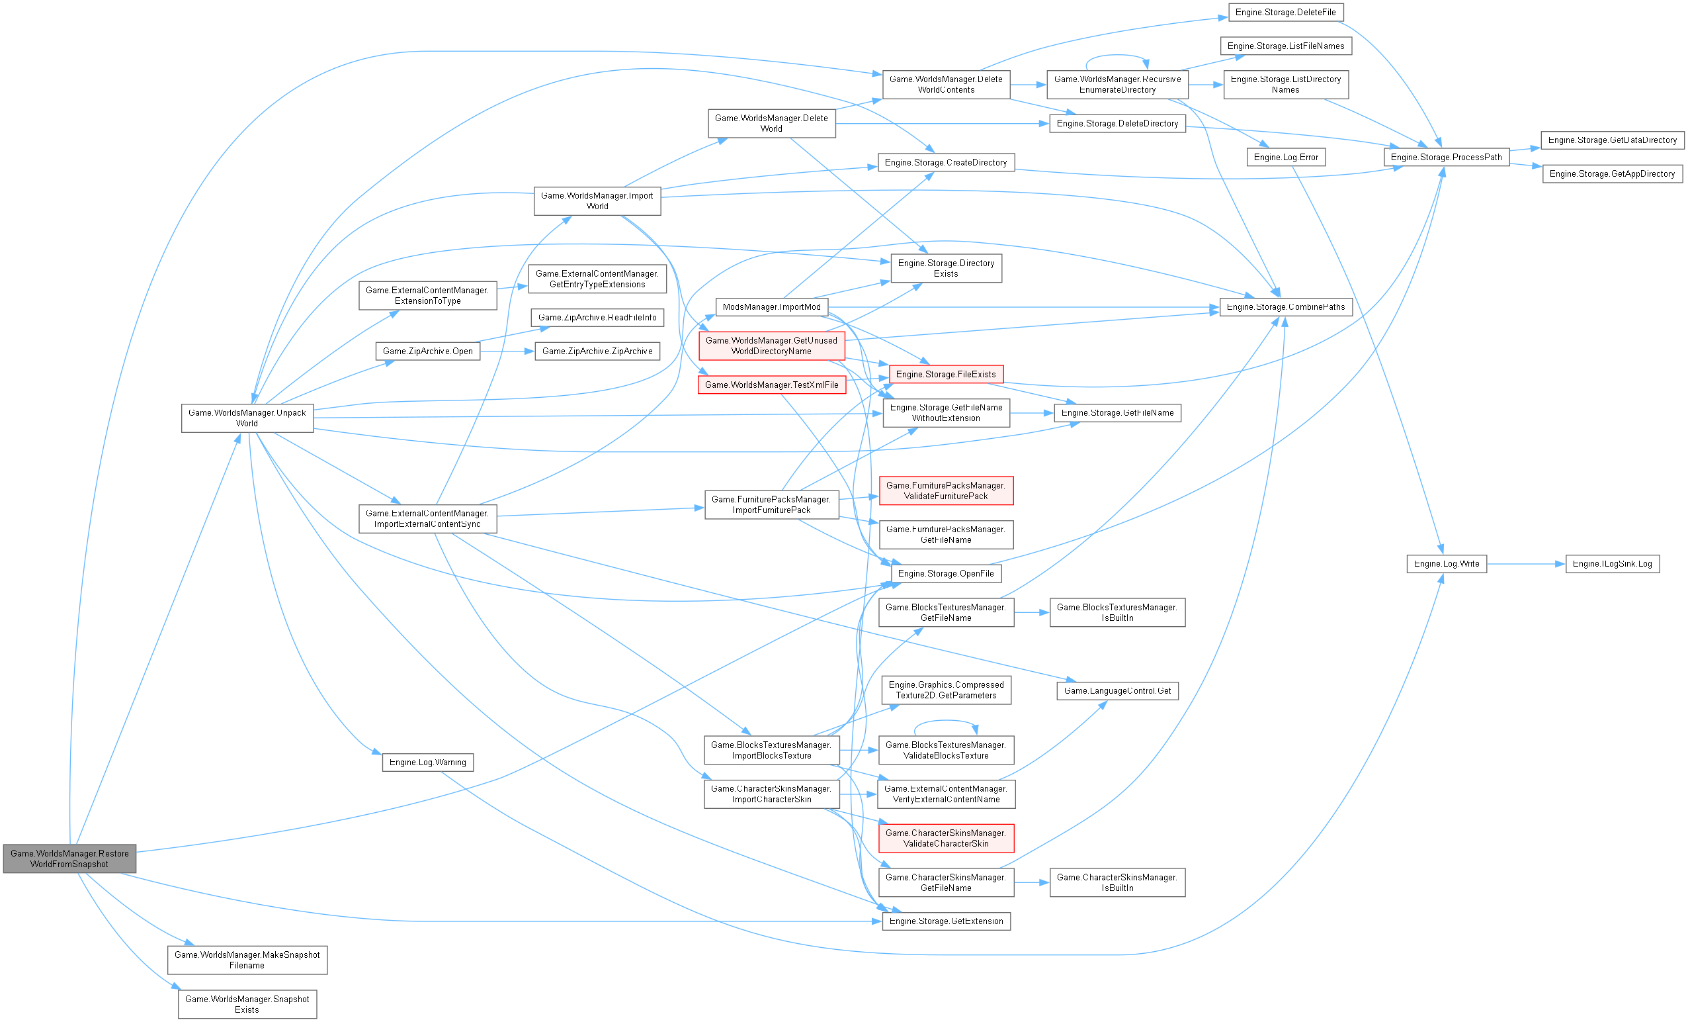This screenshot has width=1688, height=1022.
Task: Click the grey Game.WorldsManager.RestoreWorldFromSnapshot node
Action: [x=69, y=859]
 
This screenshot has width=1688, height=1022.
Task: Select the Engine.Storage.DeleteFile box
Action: [x=1285, y=13]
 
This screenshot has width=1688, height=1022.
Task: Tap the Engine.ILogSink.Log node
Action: [x=1612, y=564]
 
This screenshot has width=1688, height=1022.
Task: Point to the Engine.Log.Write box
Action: [x=1446, y=564]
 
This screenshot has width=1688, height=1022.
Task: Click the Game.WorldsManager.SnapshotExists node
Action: [x=247, y=1004]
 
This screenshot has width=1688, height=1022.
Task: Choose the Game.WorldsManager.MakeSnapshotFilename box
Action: [x=247, y=960]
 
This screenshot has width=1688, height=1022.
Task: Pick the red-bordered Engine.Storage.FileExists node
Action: [x=945, y=374]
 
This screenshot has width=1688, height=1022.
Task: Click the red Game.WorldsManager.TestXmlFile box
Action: [x=771, y=385]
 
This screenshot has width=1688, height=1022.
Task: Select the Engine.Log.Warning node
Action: [x=427, y=763]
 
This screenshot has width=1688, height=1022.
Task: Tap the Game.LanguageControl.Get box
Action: [x=1117, y=691]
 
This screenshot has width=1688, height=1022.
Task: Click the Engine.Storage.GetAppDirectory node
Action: [x=1612, y=174]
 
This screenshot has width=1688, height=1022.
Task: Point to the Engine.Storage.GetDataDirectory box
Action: [x=1612, y=140]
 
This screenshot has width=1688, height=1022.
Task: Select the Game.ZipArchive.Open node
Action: [x=427, y=351]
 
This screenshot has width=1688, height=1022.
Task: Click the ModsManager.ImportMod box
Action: [x=771, y=307]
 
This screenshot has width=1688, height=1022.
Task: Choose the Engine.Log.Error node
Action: [x=1285, y=158]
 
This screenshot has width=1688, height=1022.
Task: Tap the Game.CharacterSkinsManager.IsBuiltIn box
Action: [x=1117, y=882]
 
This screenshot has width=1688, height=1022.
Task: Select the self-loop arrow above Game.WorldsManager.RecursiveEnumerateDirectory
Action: [x=1117, y=56]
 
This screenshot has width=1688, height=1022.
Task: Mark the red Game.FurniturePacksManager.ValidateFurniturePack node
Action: [x=945, y=490]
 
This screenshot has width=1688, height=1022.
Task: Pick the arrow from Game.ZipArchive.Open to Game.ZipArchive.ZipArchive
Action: [x=507, y=351]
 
